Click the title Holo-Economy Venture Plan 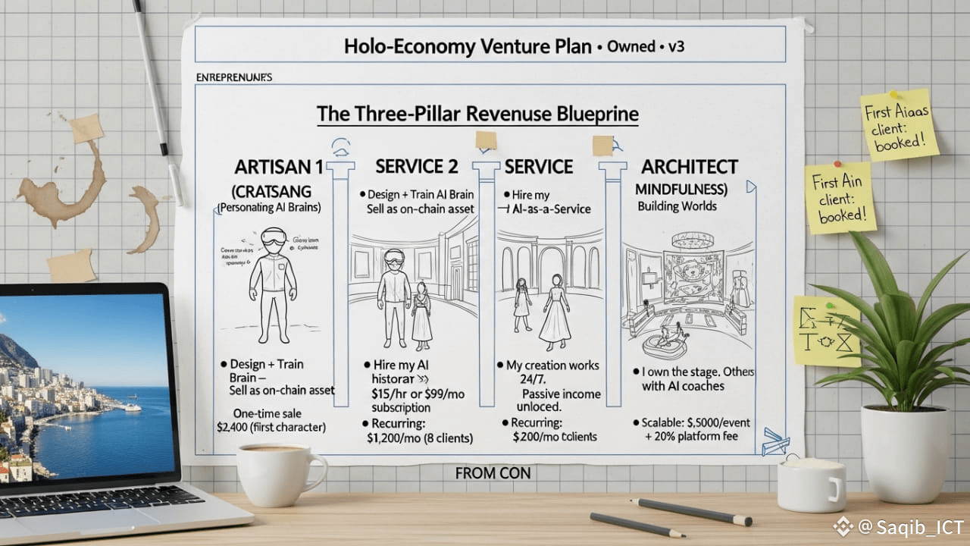pyautogui.click(x=468, y=46)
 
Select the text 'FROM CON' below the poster pyautogui.click(x=493, y=473)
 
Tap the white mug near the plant pyautogui.click(x=810, y=483)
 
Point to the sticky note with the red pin pyautogui.click(x=840, y=196)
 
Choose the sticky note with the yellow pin pyautogui.click(x=900, y=124)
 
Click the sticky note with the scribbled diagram pyautogui.click(x=826, y=331)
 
